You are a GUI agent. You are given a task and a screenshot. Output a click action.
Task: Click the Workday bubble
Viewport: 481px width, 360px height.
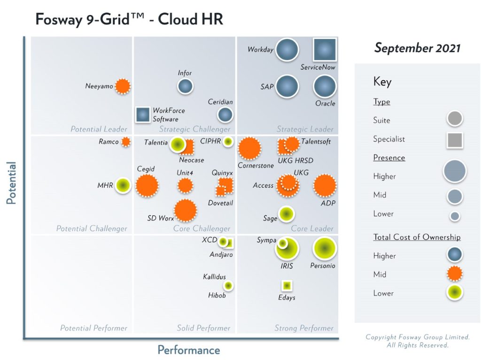pos(287,50)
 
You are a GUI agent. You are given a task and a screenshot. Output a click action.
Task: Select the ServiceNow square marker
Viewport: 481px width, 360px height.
pos(325,50)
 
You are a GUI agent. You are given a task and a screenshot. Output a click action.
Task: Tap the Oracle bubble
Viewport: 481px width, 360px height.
pos(325,87)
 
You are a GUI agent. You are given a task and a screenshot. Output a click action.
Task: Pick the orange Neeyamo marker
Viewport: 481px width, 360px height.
pos(123,86)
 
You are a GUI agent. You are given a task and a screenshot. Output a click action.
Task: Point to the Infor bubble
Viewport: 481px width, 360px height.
pos(186,86)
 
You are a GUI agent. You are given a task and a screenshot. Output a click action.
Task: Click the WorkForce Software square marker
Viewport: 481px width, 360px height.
pos(143,115)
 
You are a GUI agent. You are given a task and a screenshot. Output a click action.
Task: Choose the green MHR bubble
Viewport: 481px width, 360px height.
pos(123,185)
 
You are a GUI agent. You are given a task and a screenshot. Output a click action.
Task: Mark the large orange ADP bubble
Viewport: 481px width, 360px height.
pos(325,185)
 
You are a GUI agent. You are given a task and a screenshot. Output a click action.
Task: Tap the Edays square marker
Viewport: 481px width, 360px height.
pos(287,285)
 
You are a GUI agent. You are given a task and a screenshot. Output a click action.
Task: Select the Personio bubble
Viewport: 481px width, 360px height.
pos(325,249)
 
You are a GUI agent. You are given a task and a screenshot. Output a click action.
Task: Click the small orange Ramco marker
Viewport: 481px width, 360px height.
pos(125,142)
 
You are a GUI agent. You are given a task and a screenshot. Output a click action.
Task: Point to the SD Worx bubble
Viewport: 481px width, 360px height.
pos(186,210)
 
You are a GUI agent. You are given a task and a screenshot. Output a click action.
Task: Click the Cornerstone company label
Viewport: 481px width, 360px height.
pos(256,166)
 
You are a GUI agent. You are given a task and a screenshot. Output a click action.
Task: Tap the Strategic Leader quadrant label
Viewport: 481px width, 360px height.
pos(305,129)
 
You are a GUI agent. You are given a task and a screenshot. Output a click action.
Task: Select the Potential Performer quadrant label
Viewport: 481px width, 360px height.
pos(93,328)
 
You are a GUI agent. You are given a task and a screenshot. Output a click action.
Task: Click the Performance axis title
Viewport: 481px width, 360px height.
pos(188,350)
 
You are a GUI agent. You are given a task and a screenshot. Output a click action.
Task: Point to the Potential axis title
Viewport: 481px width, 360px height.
pos(11,183)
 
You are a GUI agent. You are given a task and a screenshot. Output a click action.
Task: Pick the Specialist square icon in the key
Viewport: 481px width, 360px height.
pos(454,139)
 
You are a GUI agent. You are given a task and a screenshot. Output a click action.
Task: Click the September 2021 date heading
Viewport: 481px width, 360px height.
pos(417,48)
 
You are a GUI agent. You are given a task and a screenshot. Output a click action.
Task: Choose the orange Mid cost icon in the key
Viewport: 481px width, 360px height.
pos(454,274)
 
